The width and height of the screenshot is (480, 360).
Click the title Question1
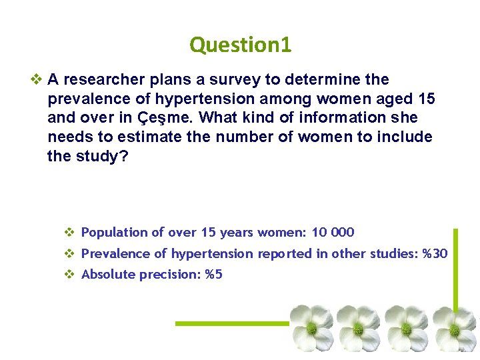[240, 45]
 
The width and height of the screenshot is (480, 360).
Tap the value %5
[213, 274]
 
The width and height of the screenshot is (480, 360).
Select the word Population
[114, 233]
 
